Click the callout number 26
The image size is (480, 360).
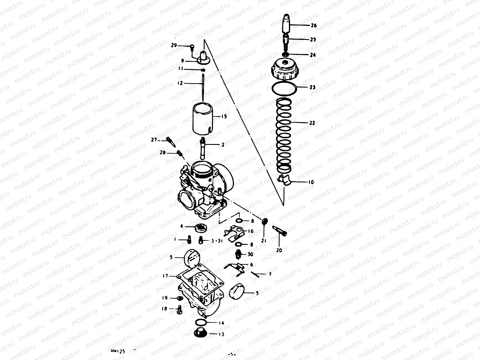[313, 25]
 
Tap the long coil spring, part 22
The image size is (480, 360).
[284, 135]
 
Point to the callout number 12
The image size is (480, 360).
[180, 83]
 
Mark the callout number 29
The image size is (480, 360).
[174, 46]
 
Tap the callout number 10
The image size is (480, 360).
[311, 182]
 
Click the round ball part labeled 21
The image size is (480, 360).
[264, 221]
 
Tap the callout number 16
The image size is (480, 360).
[251, 231]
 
